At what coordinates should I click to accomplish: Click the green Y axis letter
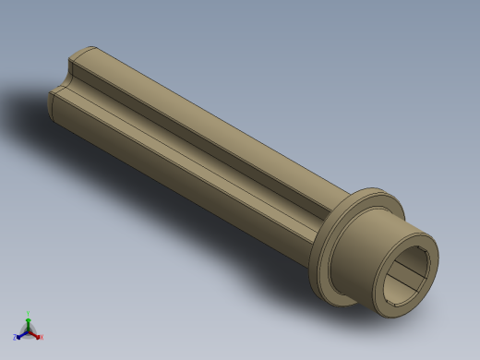(28, 314)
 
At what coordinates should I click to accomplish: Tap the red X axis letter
(41, 338)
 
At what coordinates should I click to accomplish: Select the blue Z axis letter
(15, 338)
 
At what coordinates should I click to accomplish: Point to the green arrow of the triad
(28, 320)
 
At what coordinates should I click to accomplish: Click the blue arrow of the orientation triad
(19, 335)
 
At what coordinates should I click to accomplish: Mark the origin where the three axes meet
(28, 330)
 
